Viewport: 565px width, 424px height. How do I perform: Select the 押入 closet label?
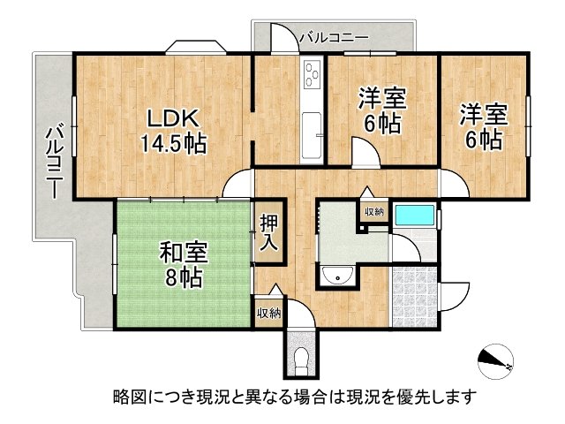pos(269,231)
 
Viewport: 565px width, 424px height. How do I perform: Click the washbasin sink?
pos(337,276)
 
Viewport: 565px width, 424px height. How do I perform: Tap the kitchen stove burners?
pos(313,78)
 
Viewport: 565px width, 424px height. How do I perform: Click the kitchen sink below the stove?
pos(313,130)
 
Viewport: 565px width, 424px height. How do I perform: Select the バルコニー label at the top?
pos(333,38)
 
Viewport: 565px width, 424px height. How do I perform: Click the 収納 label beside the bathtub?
pos(373,211)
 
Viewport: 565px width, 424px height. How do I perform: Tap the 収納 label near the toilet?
pos(268,313)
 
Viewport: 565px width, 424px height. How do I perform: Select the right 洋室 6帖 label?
pos(482,127)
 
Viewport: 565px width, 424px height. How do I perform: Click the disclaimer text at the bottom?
pos(294,396)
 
